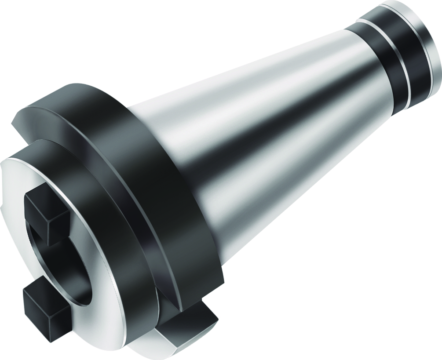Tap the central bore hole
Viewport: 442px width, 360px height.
pos(66,259)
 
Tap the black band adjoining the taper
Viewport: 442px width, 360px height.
pos(369,62)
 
